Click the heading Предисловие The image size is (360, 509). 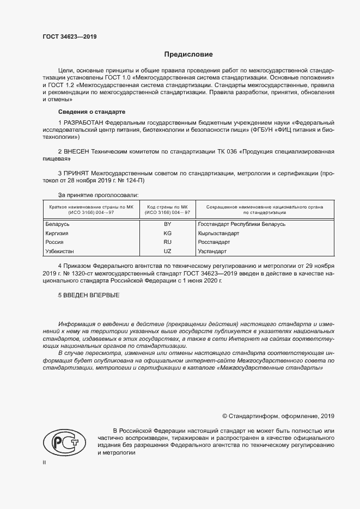[x=188, y=54]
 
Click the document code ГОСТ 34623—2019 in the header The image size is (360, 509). [x=70, y=37]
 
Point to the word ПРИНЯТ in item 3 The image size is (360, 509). [x=77, y=174]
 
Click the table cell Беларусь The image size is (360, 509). [x=57, y=224]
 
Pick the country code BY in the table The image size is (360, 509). [x=167, y=224]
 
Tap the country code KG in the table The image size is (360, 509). [x=167, y=233]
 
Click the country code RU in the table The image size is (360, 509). [x=167, y=242]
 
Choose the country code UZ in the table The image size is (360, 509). [x=167, y=252]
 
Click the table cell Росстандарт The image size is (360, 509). [x=214, y=242]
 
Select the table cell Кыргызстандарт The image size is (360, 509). [x=218, y=233]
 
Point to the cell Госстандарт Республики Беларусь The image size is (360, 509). [x=242, y=224]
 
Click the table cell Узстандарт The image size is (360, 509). [x=212, y=252]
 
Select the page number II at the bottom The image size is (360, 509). [x=44, y=462]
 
